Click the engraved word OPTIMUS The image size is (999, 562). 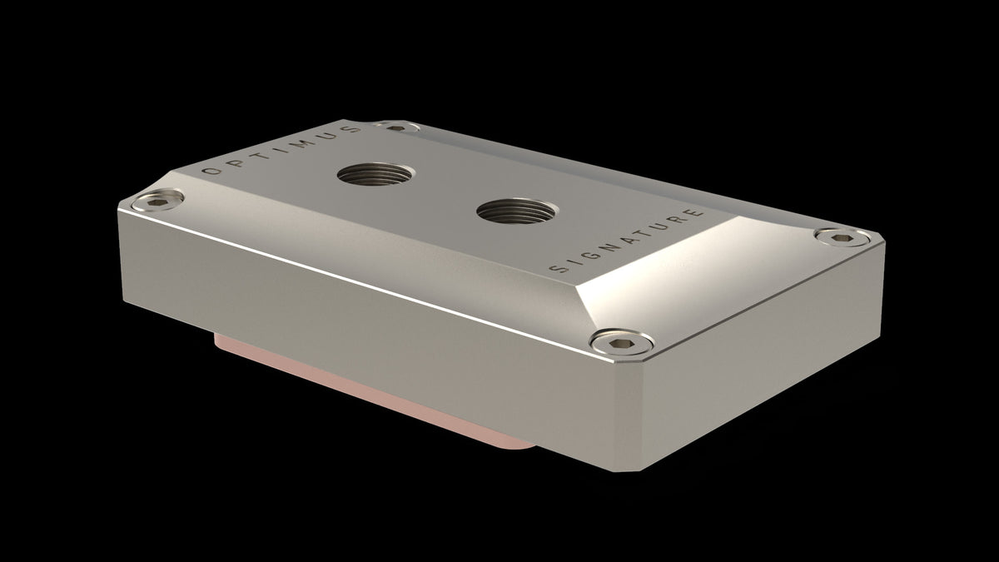coord(283,149)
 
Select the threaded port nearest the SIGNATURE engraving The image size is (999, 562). coord(509,210)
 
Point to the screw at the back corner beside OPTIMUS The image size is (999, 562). coord(395,127)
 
